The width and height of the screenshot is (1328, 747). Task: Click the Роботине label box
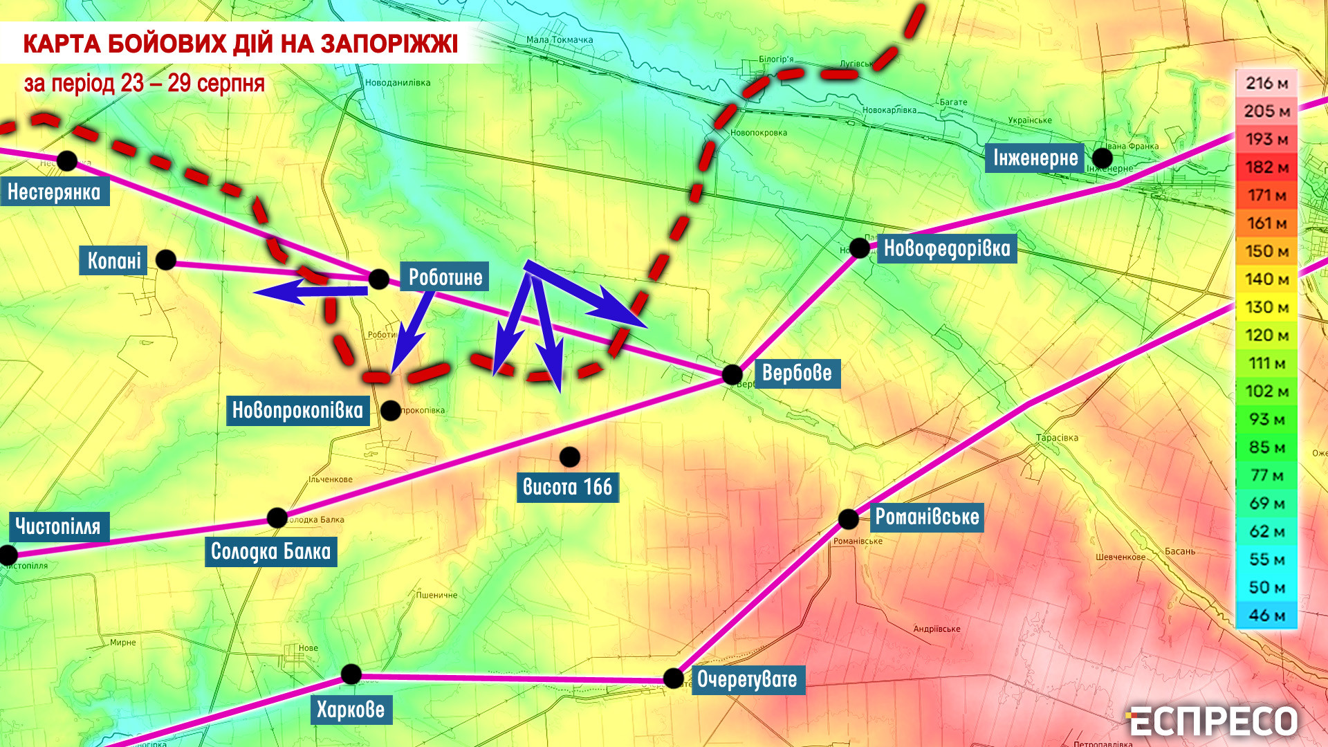[445, 277]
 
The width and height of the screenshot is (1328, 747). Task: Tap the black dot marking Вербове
[732, 375]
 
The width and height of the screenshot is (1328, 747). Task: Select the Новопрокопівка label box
[297, 410]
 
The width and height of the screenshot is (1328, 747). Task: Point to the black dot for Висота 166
[569, 456]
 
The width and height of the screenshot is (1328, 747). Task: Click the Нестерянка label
[55, 192]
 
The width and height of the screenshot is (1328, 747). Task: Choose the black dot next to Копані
[166, 260]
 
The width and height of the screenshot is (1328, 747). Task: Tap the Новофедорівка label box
[946, 248]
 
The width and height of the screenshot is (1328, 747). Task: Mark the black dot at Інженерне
[1102, 158]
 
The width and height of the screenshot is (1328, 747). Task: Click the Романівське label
[927, 517]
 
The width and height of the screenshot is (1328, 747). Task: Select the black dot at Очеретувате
[673, 678]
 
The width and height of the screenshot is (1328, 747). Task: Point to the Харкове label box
[351, 710]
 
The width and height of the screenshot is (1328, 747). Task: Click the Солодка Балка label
[270, 551]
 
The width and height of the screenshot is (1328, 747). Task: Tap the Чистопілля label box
[58, 526]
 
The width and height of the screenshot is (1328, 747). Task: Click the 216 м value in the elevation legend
[1266, 84]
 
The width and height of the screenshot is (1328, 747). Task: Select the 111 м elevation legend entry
[1266, 363]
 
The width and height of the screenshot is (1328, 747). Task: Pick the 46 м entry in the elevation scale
[1266, 615]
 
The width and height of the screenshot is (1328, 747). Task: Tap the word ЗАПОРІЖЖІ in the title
[389, 44]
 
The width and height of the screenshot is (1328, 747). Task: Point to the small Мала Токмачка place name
[559, 39]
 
